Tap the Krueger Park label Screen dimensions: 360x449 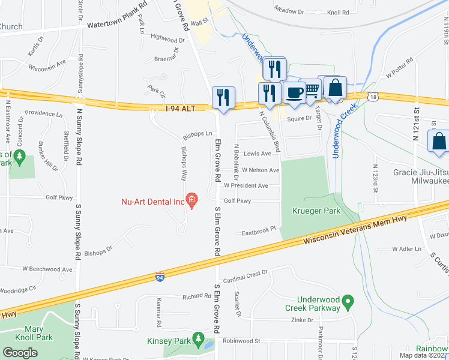[316, 211]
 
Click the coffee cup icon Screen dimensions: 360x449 [294, 92]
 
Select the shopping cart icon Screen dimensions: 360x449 [312, 90]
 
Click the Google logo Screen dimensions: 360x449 [20, 352]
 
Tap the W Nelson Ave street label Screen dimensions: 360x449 [261, 170]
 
